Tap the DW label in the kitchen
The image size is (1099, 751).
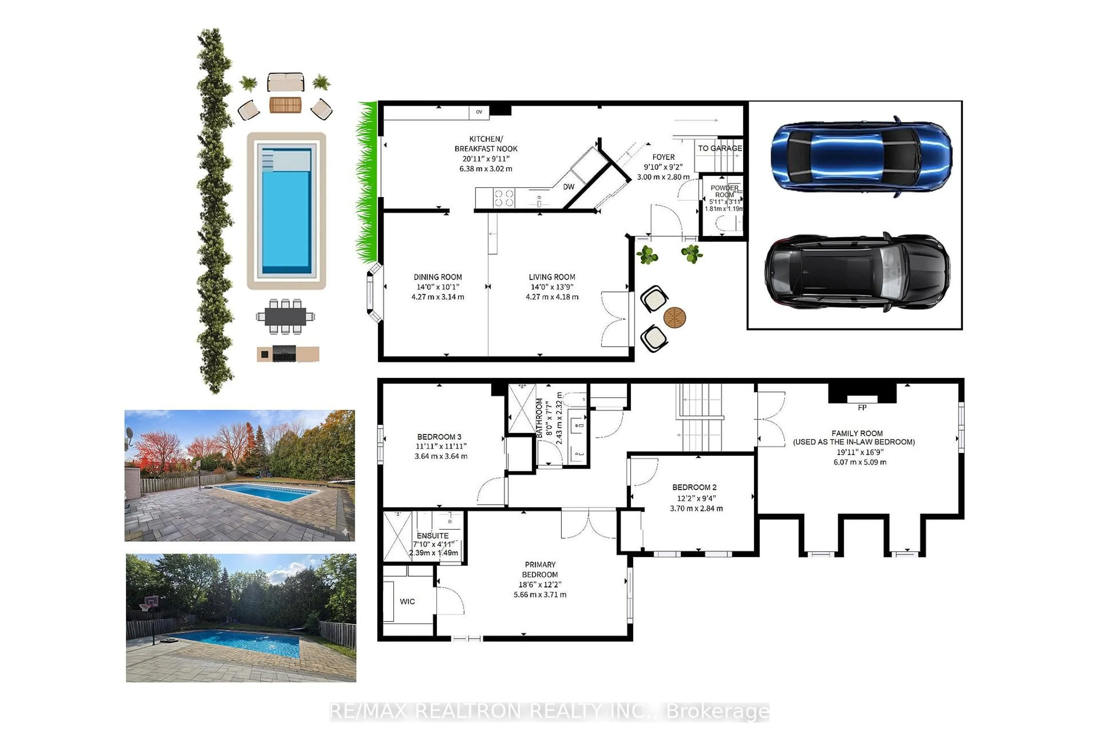click(x=568, y=187)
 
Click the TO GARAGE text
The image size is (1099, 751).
click(x=720, y=148)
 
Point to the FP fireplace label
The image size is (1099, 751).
click(x=862, y=408)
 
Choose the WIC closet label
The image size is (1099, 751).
click(x=407, y=602)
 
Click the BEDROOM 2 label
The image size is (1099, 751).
click(x=694, y=487)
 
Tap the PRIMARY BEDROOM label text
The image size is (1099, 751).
click(x=540, y=569)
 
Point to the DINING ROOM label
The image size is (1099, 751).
click(x=437, y=277)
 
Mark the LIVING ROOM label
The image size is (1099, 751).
click(x=552, y=277)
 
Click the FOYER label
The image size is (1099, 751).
click(x=663, y=157)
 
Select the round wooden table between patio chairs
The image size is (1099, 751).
click(x=674, y=317)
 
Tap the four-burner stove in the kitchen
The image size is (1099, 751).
click(x=504, y=198)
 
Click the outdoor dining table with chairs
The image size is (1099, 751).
click(x=285, y=316)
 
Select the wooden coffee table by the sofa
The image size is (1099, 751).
click(x=285, y=105)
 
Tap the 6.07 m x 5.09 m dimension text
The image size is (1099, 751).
click(x=860, y=462)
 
